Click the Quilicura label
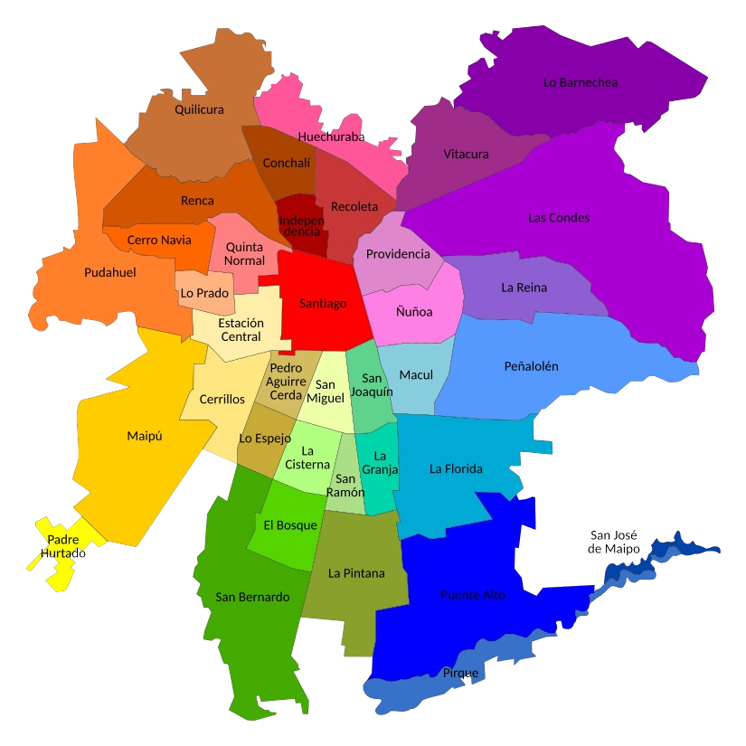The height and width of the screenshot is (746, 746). tap(199, 109)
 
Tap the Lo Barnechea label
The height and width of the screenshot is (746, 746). tap(581, 82)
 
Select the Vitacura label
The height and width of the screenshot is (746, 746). tap(466, 154)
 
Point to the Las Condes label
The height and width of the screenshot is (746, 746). tap(559, 218)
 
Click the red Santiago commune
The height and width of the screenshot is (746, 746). tap(323, 304)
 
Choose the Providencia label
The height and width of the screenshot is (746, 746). tap(398, 254)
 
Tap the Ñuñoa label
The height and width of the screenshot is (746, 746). tap(414, 312)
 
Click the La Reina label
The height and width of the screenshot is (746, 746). tap(524, 288)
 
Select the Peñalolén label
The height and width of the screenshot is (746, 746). tap(531, 366)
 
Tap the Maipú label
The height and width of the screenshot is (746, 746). tap(144, 436)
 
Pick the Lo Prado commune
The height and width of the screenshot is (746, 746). tap(204, 293)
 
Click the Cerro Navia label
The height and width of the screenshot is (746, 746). tap(159, 240)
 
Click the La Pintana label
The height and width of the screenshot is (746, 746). tap(356, 573)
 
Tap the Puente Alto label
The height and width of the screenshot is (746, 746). tap(473, 595)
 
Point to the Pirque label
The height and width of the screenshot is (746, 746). tap(460, 673)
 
